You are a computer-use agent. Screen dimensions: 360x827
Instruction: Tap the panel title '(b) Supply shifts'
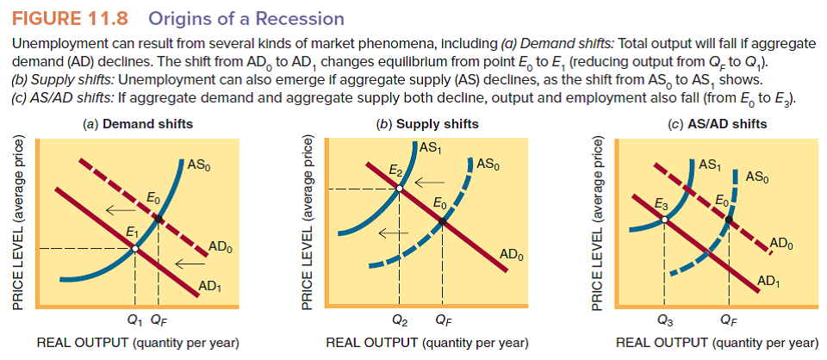pyautogui.click(x=428, y=124)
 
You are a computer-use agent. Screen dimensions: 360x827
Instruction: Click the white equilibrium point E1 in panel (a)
pyautogui.click(x=136, y=249)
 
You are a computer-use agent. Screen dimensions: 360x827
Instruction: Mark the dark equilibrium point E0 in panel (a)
pyautogui.click(x=159, y=219)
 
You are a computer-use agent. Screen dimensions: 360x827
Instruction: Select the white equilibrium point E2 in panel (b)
pyautogui.click(x=401, y=189)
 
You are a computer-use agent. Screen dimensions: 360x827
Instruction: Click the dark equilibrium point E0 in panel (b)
pyautogui.click(x=443, y=222)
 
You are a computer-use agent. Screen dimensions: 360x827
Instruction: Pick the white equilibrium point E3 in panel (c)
pyautogui.click(x=665, y=220)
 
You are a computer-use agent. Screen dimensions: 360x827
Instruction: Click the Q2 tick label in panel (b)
pyautogui.click(x=400, y=324)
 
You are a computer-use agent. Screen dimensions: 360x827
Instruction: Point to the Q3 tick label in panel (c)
pyautogui.click(x=664, y=324)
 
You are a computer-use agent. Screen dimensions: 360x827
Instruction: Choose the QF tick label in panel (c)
pyautogui.click(x=728, y=324)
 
